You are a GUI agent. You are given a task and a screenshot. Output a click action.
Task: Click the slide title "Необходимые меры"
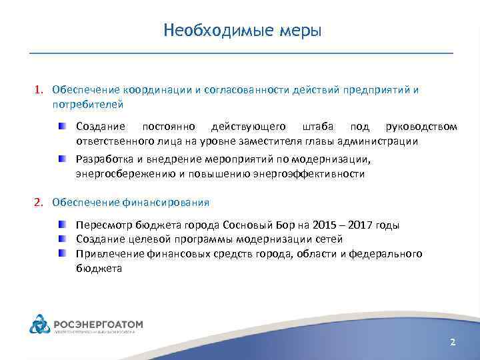[242, 31]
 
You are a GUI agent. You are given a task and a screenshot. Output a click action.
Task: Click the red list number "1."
[40, 90]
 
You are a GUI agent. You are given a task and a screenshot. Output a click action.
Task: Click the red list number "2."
[40, 202]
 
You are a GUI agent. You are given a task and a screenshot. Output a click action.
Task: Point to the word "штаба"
[317, 127]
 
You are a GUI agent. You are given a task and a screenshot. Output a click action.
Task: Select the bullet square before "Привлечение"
[61, 253]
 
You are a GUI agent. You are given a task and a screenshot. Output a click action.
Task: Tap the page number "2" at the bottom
[453, 342]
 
